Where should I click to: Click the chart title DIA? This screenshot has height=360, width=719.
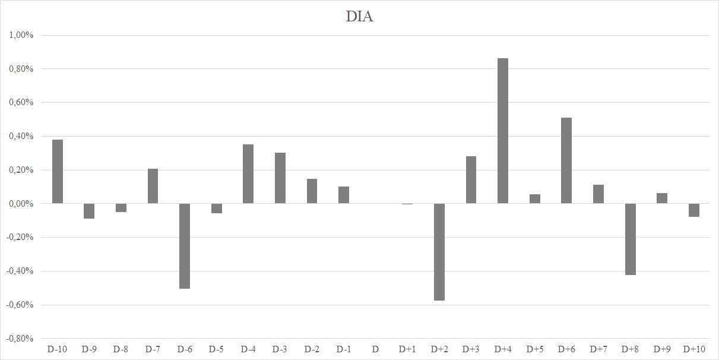[359, 17]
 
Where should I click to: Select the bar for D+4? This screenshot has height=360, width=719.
[503, 131]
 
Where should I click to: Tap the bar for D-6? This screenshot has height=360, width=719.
[185, 246]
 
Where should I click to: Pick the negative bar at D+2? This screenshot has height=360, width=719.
[439, 252]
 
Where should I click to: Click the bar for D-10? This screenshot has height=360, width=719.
[58, 172]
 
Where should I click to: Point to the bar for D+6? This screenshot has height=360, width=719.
[566, 160]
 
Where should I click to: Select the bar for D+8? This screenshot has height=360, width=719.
[630, 239]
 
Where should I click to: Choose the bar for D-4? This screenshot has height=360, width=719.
[248, 174]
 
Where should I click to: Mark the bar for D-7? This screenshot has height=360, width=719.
[153, 186]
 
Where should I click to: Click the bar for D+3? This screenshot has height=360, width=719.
[471, 180]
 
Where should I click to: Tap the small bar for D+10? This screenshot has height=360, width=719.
[693, 210]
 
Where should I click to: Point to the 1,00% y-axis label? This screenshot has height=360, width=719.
[21, 35]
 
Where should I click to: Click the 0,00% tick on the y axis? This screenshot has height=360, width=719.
[21, 204]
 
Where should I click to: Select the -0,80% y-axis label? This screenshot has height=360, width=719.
[20, 339]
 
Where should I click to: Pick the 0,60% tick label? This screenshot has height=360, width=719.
[21, 103]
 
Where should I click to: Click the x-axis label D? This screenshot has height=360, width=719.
[375, 349]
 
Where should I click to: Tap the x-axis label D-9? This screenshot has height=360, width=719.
[89, 349]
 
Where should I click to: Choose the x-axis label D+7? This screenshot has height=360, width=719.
[598, 349]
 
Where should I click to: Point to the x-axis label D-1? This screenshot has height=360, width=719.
[343, 349]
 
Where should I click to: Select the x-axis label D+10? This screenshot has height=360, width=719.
[693, 349]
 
